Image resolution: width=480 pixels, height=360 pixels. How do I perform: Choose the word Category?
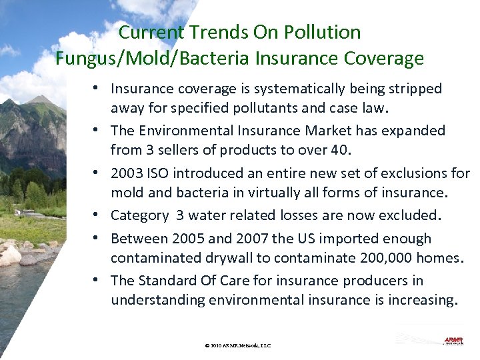coord(139,215)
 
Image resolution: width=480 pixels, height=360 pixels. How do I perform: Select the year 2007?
coord(249,239)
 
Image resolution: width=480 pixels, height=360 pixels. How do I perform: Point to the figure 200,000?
coord(361,258)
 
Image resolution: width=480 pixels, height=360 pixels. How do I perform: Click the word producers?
coord(376,281)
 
